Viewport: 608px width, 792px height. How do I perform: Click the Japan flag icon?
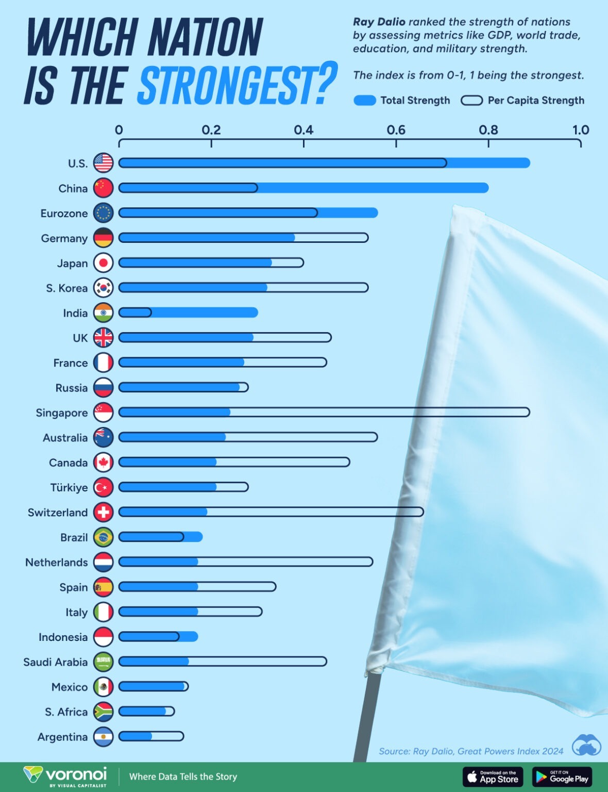point(103,263)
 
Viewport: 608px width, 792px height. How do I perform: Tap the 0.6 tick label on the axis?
point(396,130)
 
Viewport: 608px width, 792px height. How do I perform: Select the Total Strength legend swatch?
point(365,101)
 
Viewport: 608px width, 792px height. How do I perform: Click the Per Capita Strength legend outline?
point(471,101)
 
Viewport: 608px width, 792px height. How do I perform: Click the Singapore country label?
point(62,413)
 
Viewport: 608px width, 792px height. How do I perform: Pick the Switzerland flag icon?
point(103,512)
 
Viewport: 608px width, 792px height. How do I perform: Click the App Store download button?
point(493,777)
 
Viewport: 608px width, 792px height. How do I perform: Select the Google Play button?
point(562,777)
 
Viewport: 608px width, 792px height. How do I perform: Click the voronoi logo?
point(66,776)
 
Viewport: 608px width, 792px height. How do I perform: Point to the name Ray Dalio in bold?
point(379,22)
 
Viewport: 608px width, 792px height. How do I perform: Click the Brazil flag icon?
point(103,537)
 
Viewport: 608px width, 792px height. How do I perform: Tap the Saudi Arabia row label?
point(56,662)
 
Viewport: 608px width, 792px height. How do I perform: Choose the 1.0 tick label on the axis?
point(581,130)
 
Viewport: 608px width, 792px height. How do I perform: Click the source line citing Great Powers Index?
point(471,751)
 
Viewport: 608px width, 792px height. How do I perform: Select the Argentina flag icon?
point(103,737)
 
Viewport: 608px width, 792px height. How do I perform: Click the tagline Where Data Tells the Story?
point(183,777)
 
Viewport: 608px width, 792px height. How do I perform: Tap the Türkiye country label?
point(69,488)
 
